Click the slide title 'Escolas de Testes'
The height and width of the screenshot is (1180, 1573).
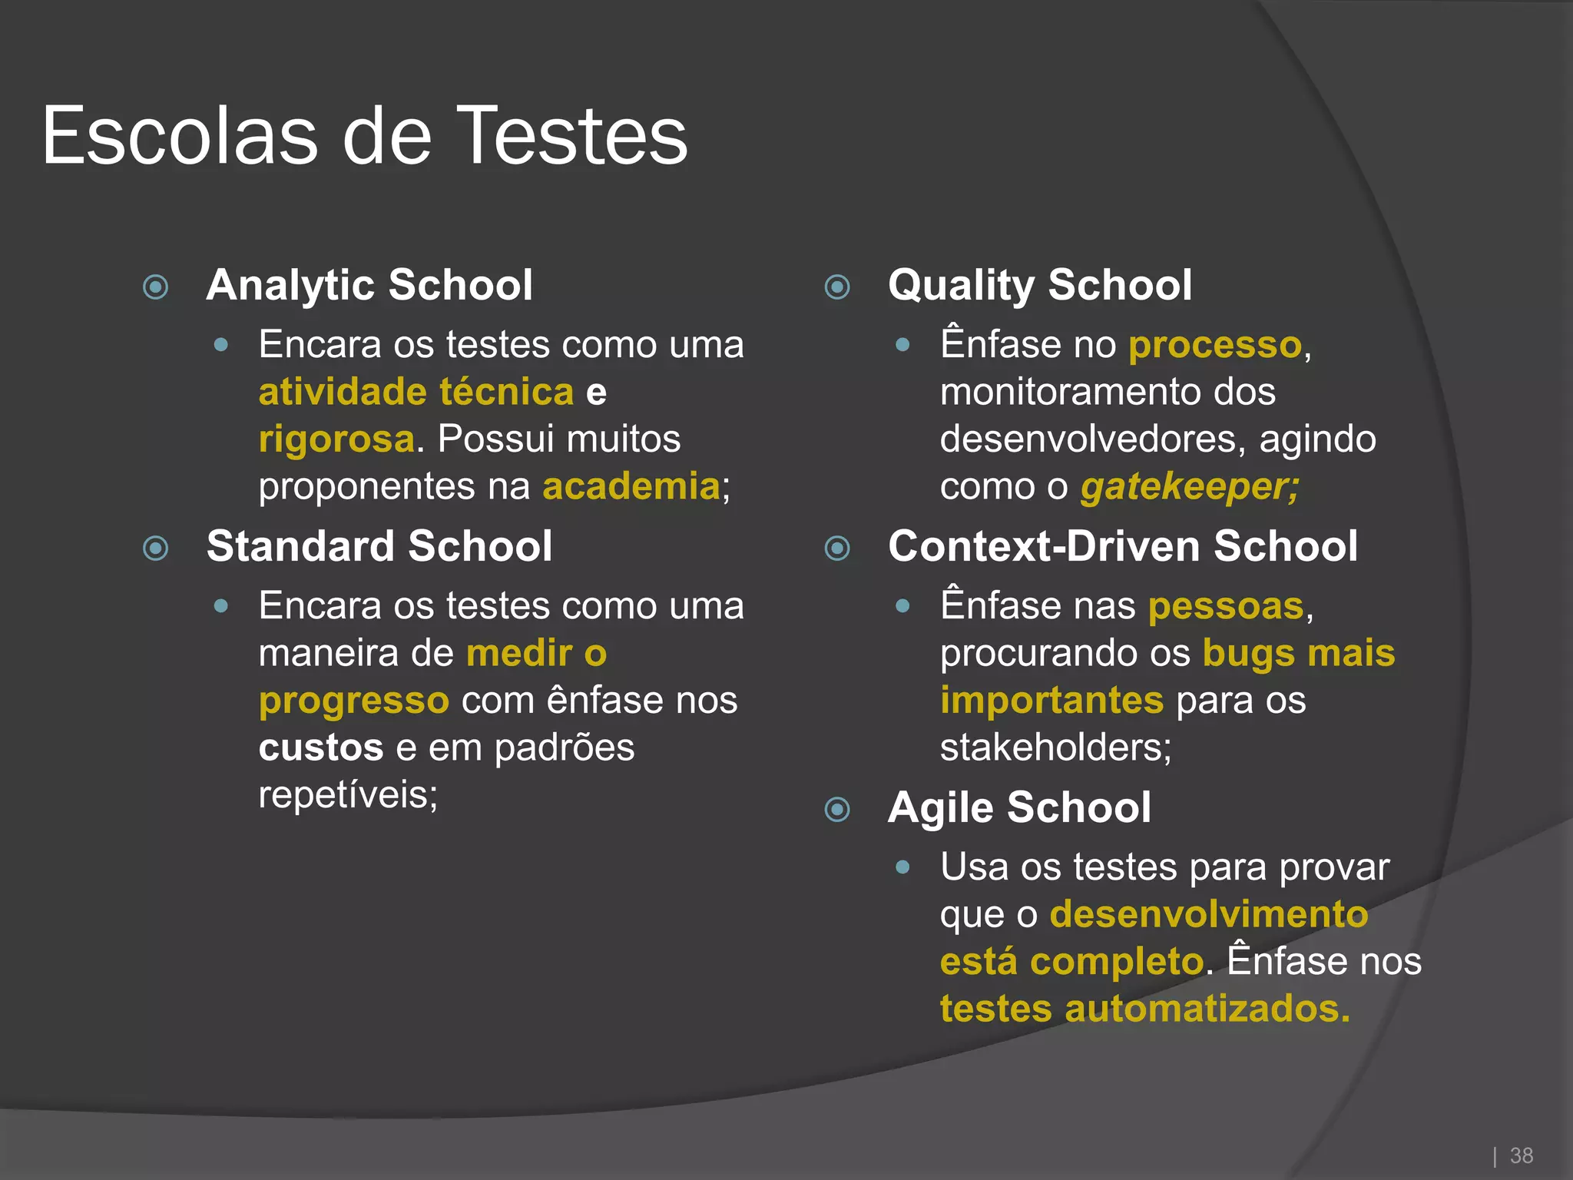[365, 136]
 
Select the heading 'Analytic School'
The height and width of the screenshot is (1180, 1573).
[369, 285]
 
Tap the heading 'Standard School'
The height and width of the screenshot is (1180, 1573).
[379, 546]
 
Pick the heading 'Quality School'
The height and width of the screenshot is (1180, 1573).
[1040, 285]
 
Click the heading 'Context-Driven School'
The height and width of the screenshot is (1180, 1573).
[1123, 546]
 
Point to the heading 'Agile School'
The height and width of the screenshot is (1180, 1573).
[1019, 807]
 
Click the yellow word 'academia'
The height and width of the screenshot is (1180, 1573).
[631, 486]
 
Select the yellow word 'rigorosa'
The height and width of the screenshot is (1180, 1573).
[336, 439]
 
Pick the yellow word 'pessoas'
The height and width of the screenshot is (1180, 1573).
[1226, 606]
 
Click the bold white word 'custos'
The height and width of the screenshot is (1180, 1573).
[321, 747]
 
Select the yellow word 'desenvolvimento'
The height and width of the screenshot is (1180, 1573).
[1209, 914]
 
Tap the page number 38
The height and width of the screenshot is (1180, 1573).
[1521, 1155]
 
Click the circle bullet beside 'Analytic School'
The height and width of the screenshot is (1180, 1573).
[156, 287]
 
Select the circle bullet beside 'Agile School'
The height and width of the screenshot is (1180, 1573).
[837, 810]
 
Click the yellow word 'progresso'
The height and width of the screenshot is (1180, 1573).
[353, 701]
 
